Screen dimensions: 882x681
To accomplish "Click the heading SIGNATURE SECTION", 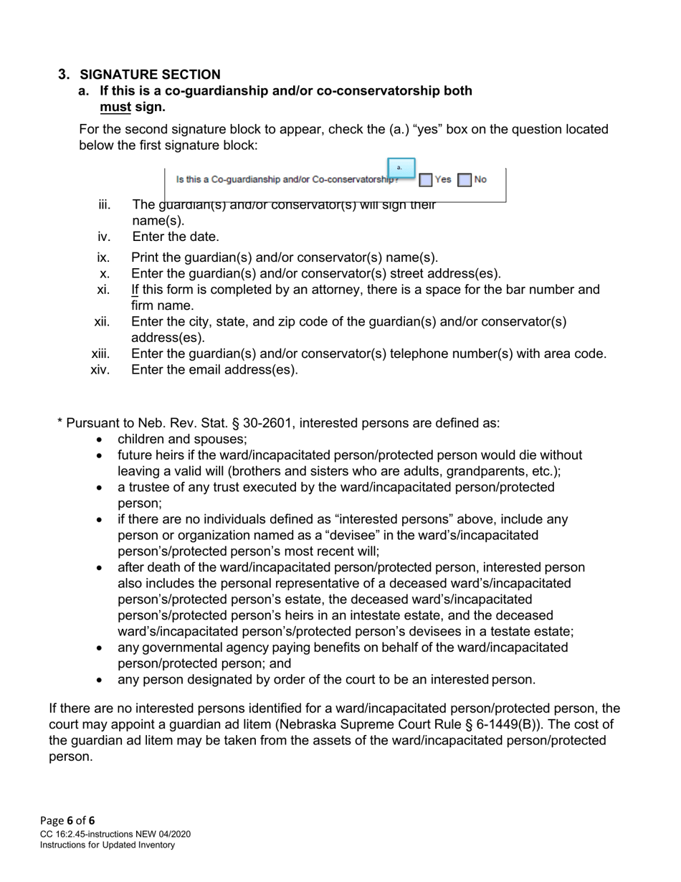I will click(150, 75).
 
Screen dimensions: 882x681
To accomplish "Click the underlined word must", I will click(115, 107).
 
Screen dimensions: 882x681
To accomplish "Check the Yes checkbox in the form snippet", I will click(426, 180).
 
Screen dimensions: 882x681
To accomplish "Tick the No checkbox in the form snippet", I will click(465, 180).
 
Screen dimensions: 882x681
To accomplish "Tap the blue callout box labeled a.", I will click(401, 168).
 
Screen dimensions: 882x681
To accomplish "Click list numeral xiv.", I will click(100, 370).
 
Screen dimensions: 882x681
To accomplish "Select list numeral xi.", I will click(103, 290).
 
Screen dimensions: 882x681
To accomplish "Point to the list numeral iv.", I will click(104, 237).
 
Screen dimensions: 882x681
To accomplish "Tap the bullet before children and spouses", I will click(99, 440).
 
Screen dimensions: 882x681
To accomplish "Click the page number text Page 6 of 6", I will click(67, 820).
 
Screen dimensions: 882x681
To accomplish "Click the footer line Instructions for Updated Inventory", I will click(108, 845).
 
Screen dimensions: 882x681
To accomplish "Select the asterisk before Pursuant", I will click(60, 423).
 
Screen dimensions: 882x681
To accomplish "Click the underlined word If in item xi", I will click(135, 290).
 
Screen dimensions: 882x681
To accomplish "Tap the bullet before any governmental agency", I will click(99, 648).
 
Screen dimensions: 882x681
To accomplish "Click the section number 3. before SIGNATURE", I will click(65, 75).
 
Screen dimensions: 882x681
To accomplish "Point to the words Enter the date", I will click(176, 237).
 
